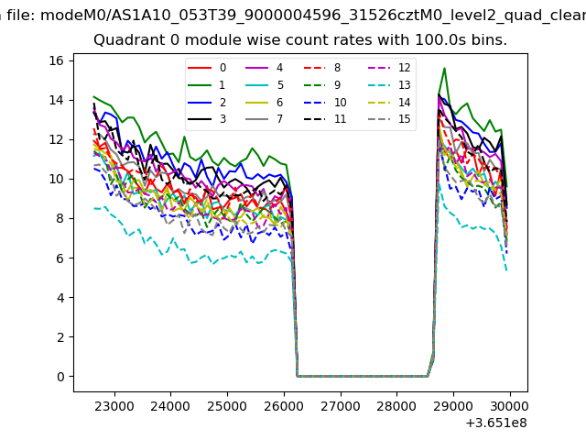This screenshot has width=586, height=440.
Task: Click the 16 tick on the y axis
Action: coord(56,60)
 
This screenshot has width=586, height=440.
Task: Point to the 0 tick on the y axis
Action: coord(60,377)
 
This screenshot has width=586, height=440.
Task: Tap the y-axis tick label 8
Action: coord(60,218)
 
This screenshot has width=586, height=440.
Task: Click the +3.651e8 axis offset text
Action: coord(496,423)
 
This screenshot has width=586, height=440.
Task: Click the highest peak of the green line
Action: coord(444,68)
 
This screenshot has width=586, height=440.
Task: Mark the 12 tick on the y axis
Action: coord(56,139)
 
